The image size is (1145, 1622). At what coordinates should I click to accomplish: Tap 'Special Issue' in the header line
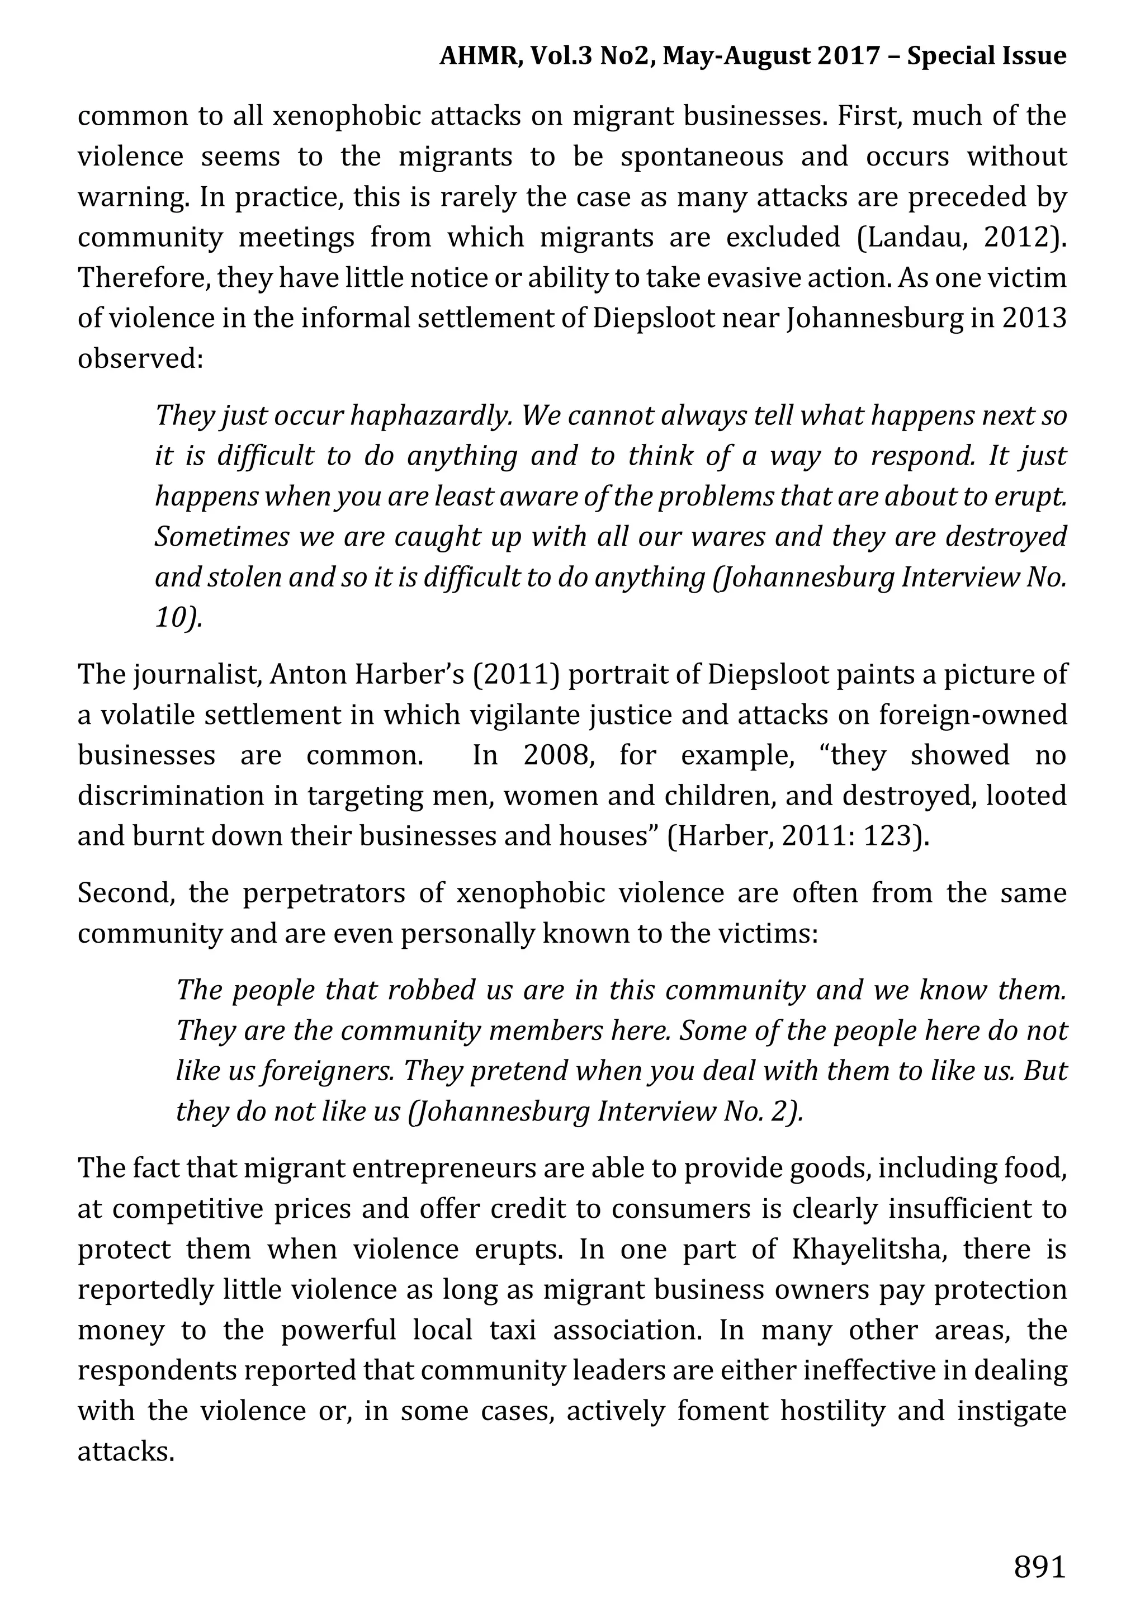[986, 56]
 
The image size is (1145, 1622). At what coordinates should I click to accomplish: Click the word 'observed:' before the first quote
[140, 359]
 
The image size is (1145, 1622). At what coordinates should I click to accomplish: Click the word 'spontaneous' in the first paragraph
[702, 157]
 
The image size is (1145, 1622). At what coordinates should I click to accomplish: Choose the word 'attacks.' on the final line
[126, 1451]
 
